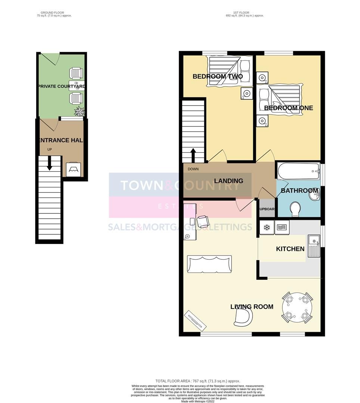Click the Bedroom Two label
click(217, 76)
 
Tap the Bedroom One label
click(288, 108)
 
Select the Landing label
click(229, 181)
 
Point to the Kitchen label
click(290, 249)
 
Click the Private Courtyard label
click(62, 86)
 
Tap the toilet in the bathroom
click(295, 209)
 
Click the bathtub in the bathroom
click(298, 171)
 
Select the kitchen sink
click(314, 246)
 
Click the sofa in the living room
click(210, 264)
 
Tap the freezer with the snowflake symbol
click(267, 227)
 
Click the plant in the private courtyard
click(79, 111)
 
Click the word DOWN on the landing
click(193, 169)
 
